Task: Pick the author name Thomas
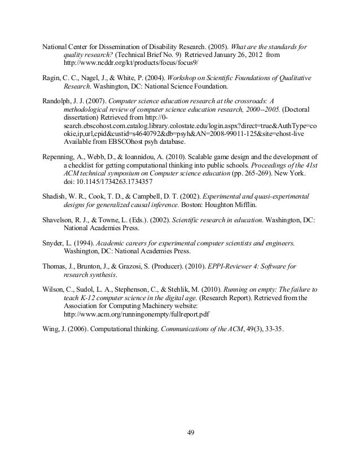tap(55, 265)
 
